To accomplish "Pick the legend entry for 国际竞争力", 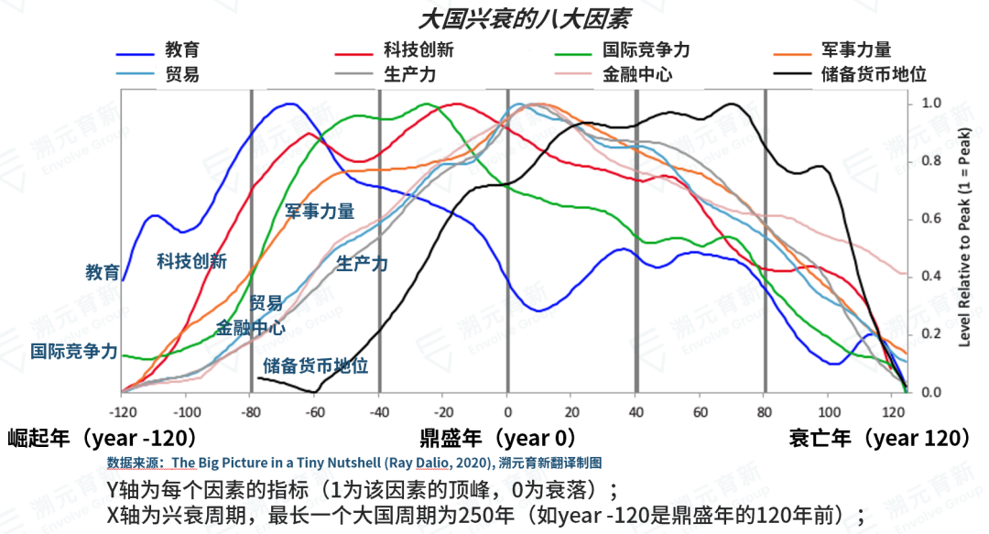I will (x=646, y=50).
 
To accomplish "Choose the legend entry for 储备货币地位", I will (x=875, y=73).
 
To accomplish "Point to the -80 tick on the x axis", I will (x=250, y=410).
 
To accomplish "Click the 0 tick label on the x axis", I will (x=507, y=410).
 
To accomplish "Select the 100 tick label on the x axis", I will (x=829, y=410).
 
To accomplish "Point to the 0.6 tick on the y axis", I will (x=929, y=219).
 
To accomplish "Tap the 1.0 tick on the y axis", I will (x=929, y=104).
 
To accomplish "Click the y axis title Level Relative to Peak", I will (x=964, y=247).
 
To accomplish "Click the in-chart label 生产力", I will (x=362, y=265).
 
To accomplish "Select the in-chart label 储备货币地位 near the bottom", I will (x=316, y=366).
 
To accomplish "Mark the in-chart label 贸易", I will (x=266, y=303).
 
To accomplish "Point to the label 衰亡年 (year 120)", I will (x=879, y=438).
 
